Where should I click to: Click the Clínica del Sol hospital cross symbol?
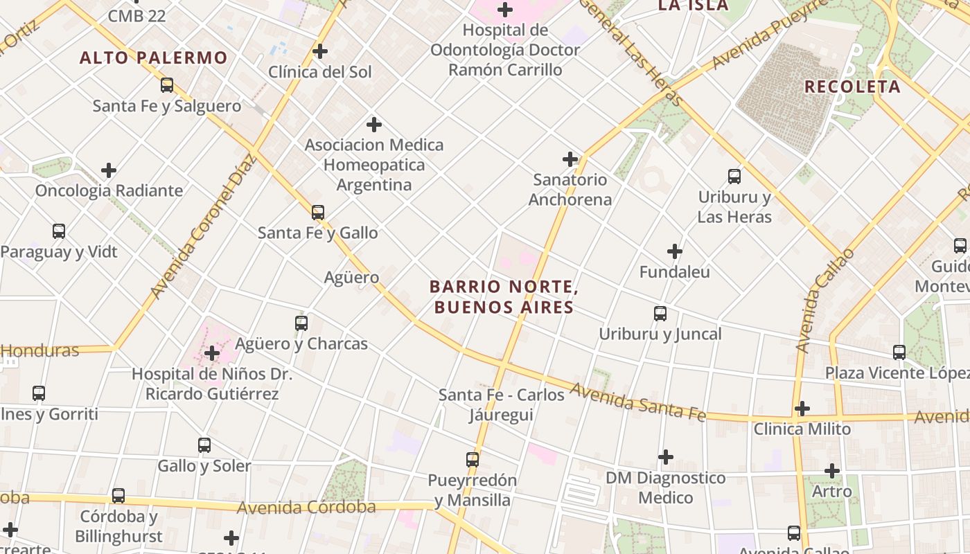[319, 51]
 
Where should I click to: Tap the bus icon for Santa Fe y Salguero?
[167, 85]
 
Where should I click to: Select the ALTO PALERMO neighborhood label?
[153, 57]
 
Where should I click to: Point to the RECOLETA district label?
[852, 87]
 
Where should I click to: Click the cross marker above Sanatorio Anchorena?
[570, 159]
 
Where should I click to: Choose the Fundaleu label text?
[674, 272]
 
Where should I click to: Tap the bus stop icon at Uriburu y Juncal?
[660, 314]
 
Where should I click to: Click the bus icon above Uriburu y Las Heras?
[734, 177]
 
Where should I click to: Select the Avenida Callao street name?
[824, 301]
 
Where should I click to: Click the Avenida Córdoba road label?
[306, 508]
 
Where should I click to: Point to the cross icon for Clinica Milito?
[802, 409]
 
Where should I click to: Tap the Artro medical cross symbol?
[832, 471]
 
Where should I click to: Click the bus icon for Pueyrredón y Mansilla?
[473, 459]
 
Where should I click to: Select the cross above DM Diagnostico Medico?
[666, 457]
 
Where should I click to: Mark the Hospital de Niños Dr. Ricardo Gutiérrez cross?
[212, 354]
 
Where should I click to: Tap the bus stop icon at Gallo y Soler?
[204, 445]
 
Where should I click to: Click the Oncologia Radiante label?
[109, 190]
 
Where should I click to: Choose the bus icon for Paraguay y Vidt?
[59, 231]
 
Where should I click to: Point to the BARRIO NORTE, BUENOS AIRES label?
[504, 296]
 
